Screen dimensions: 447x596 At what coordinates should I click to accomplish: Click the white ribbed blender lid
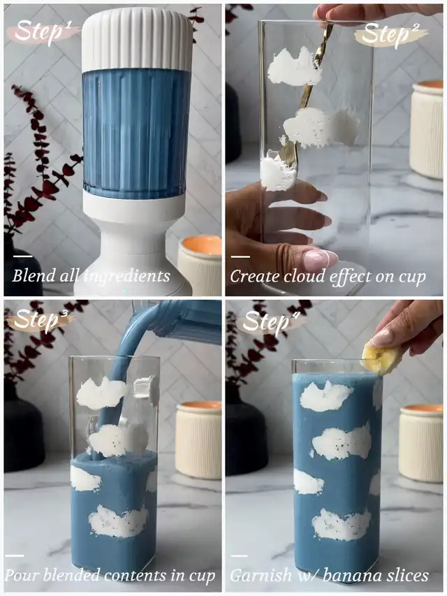(x=137, y=40)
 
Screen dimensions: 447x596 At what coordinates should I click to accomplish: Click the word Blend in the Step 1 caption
(x=34, y=275)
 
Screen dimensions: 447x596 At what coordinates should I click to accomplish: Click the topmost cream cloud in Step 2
(x=294, y=66)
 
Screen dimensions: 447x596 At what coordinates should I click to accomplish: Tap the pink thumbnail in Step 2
(x=320, y=260)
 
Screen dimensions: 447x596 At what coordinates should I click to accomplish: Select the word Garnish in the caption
(x=261, y=576)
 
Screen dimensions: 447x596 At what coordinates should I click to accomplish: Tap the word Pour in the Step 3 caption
(x=22, y=576)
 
